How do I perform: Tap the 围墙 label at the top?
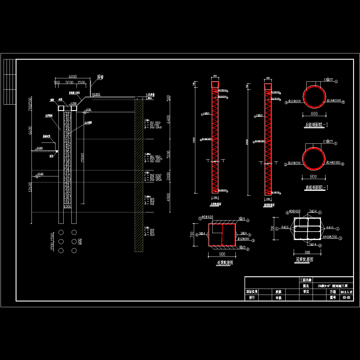[x=100, y=77]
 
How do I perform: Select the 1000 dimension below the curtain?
[x=67, y=207]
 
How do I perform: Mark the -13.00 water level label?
[x=39, y=174]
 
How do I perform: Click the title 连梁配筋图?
[x=225, y=262]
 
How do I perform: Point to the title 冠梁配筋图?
[x=304, y=259]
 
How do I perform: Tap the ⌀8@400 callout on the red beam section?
[x=207, y=217]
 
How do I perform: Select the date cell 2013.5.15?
[x=346, y=292]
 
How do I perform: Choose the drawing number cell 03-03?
[x=346, y=298]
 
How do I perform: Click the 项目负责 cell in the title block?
[x=252, y=292]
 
